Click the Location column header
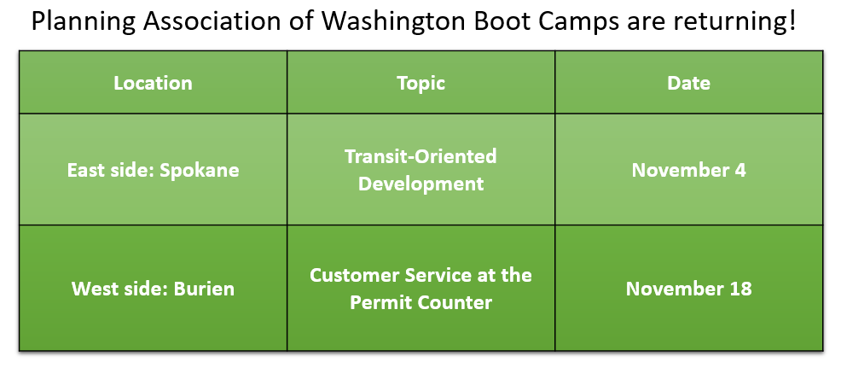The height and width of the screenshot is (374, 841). click(x=153, y=83)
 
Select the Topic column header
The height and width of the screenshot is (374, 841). click(x=420, y=83)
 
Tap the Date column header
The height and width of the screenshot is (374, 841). click(x=688, y=83)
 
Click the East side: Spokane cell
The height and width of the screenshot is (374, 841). click(x=153, y=170)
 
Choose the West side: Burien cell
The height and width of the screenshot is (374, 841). click(x=153, y=289)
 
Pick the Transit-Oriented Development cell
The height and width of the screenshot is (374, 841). click(x=420, y=170)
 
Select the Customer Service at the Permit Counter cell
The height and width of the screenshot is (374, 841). click(x=420, y=289)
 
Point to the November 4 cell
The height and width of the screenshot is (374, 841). click(x=688, y=170)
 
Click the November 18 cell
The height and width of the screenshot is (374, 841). click(x=688, y=289)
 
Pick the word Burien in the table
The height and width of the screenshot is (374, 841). click(x=205, y=289)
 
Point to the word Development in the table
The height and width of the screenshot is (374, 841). click(x=420, y=184)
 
